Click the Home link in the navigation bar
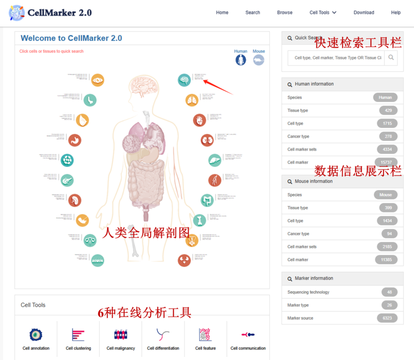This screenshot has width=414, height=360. [222, 13]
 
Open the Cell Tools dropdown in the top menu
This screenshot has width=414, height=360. [323, 13]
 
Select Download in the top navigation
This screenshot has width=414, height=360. [363, 13]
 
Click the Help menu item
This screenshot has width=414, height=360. [396, 13]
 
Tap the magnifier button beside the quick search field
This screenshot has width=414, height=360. [391, 58]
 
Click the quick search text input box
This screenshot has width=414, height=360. [337, 58]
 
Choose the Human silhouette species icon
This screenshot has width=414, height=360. [241, 60]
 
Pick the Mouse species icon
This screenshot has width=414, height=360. [259, 60]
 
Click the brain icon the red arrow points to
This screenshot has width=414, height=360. [184, 79]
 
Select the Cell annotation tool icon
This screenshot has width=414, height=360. [36, 335]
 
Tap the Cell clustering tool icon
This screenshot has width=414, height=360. [78, 335]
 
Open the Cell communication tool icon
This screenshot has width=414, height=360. [248, 335]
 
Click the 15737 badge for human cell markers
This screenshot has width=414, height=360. [386, 162]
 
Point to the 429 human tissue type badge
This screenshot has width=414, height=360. [388, 110]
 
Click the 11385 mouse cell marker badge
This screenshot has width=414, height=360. [386, 259]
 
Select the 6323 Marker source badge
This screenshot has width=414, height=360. [387, 318]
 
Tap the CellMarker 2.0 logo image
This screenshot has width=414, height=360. [17, 13]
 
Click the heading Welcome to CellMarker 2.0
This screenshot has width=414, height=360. [71, 38]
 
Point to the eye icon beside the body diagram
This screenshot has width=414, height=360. [98, 80]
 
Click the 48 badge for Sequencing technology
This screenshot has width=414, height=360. [389, 292]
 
